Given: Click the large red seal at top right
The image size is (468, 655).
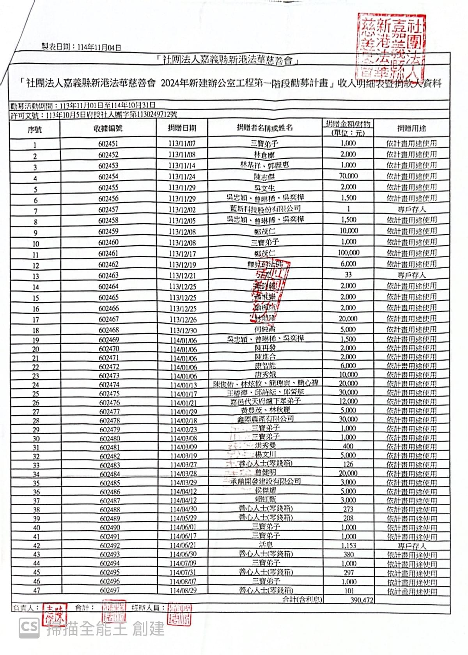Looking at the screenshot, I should [x=390, y=47].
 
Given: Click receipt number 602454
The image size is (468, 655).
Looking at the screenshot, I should [x=108, y=177].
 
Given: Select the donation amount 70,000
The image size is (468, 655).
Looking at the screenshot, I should [x=348, y=176].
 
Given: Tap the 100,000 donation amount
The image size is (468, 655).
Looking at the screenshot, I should [x=348, y=253].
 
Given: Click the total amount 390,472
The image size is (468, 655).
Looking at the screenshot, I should [x=362, y=600].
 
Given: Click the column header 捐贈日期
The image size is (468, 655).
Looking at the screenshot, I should [x=182, y=128].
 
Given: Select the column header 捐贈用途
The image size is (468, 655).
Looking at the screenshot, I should [x=411, y=128].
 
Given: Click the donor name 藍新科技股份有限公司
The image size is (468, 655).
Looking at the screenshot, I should [x=265, y=209].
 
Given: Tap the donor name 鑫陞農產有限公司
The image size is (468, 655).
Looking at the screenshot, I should [x=265, y=419].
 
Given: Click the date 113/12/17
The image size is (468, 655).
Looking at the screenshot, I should [x=182, y=253].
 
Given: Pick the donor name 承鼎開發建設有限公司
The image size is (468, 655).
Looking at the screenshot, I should [x=265, y=482].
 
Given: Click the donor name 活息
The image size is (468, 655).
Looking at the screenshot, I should [x=265, y=545].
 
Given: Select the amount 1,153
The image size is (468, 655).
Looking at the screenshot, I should [x=348, y=545].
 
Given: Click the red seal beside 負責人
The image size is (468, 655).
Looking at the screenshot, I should [x=54, y=615].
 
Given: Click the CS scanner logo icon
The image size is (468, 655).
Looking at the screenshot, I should [x=30, y=628].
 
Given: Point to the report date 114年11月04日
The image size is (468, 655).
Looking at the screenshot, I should [x=99, y=48].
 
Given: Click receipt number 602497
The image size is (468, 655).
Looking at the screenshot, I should [x=110, y=590].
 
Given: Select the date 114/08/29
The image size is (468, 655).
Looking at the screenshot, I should [x=183, y=591].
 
